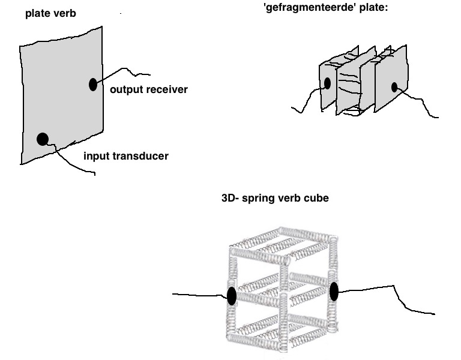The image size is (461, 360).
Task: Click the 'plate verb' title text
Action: (50, 14)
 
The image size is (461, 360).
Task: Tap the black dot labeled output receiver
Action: (93, 85)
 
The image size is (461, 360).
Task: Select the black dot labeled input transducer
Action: (43, 139)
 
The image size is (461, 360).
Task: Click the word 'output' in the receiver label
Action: (127, 89)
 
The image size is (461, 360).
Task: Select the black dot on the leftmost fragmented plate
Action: (327, 83)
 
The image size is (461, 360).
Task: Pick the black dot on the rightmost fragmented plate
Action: (394, 87)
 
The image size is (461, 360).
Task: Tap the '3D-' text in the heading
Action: (230, 198)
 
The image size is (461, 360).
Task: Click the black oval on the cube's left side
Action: (232, 296)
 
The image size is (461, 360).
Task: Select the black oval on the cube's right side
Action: (334, 292)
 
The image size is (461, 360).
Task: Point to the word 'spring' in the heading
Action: (259, 199)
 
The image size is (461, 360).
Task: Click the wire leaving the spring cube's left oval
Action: (200, 295)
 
